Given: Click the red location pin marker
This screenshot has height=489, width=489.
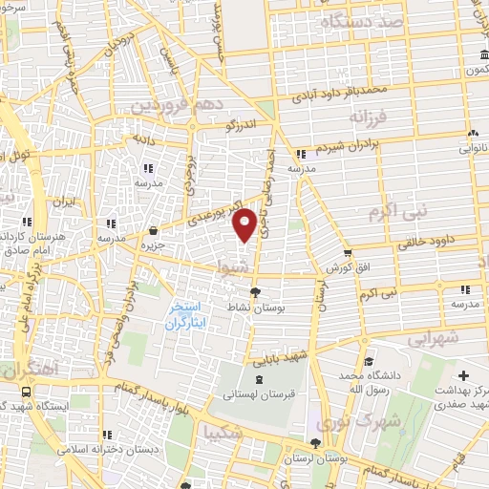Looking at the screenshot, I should coord(245,223).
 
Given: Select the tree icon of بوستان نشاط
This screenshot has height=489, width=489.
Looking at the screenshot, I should coord(254,292).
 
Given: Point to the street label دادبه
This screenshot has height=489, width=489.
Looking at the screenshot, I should coord(143,138).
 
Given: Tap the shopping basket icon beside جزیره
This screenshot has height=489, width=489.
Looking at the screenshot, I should coord(154,229).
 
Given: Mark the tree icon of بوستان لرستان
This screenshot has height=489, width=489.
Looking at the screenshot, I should coord(316,441).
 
